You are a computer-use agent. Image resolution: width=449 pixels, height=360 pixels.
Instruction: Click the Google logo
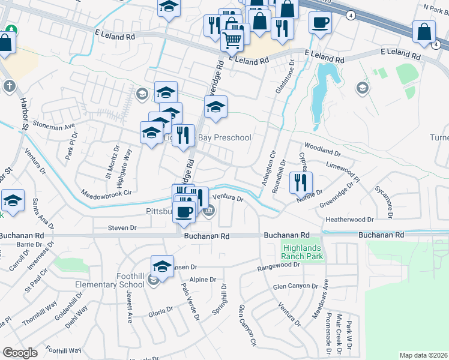[x=20, y=353]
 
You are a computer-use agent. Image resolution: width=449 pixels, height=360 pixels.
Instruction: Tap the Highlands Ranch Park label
[x=303, y=252]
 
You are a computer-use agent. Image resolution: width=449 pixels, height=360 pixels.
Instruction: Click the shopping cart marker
[x=232, y=41]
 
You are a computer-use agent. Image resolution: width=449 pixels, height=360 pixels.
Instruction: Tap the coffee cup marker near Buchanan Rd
[x=185, y=211]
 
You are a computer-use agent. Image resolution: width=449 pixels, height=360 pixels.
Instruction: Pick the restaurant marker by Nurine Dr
[x=301, y=182]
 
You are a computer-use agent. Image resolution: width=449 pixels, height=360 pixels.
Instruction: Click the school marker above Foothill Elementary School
[x=162, y=266]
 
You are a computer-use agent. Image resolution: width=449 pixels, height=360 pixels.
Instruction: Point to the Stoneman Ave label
[x=58, y=127]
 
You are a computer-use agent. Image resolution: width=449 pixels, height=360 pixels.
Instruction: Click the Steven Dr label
[x=122, y=228]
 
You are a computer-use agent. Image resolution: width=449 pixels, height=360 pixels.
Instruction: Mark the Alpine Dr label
[x=202, y=280]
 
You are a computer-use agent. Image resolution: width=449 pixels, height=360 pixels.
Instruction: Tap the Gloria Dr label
[x=161, y=311]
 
